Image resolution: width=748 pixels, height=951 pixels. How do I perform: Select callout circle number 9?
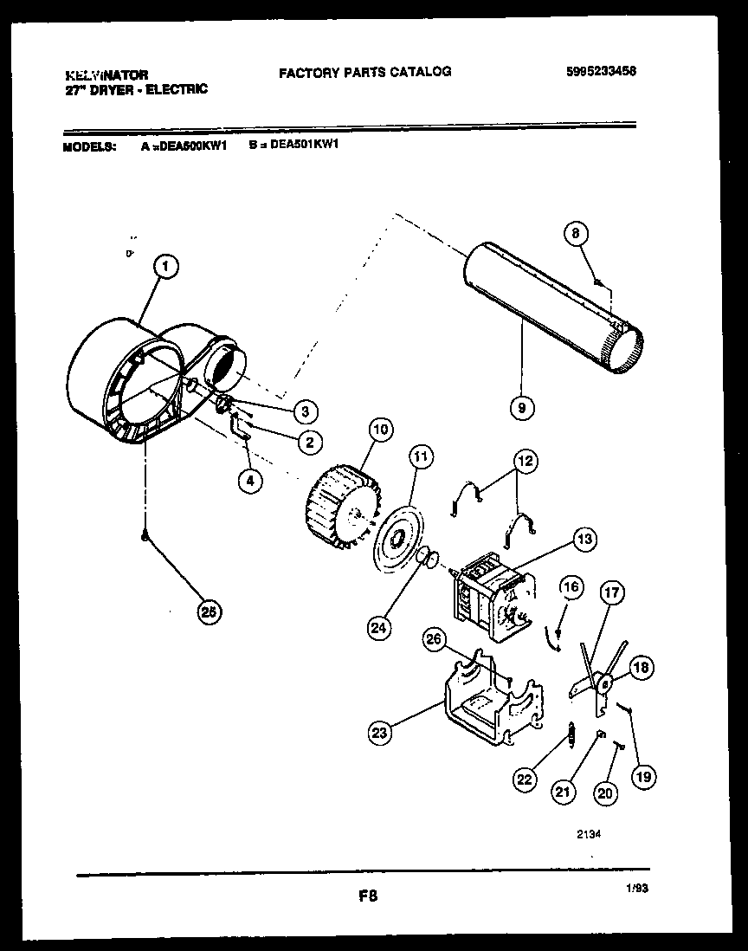(521, 405)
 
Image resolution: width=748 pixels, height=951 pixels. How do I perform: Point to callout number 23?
(378, 733)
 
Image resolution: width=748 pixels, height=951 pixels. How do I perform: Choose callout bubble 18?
(642, 667)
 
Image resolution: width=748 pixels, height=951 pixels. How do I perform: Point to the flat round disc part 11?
(397, 543)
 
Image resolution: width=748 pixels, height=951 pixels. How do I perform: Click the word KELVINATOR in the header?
(106, 75)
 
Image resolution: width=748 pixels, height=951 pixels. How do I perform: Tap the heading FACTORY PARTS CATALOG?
(364, 72)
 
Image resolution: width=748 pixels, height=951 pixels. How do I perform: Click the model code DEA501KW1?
(304, 146)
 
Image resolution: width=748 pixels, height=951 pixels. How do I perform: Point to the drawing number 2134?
(589, 835)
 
